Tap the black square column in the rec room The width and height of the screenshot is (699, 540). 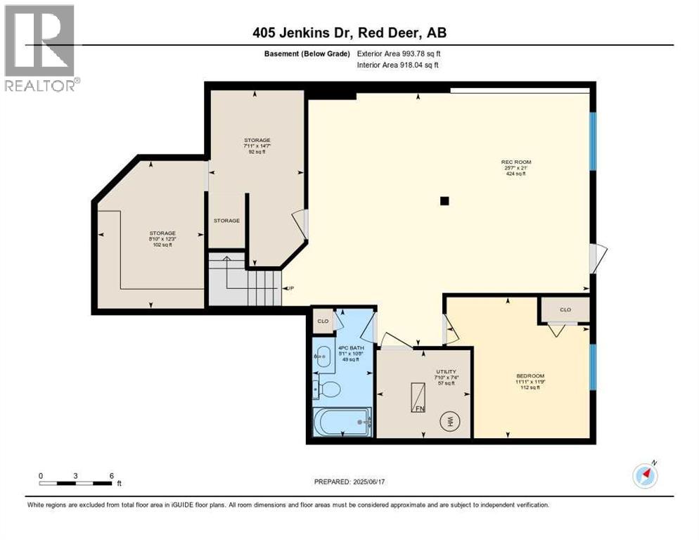coord(444,201)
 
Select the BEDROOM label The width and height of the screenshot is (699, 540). coord(530,375)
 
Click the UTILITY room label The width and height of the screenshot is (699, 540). coord(446,371)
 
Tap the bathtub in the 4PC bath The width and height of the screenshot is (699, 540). coord(342,423)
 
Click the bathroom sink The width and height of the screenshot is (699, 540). coord(321,356)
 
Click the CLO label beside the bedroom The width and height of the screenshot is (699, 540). coord(565,310)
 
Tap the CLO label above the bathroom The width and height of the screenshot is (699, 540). coord(323,321)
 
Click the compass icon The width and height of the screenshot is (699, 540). coord(645,475)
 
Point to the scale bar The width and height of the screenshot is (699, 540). coord(76,483)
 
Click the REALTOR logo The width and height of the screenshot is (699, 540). coord(41,48)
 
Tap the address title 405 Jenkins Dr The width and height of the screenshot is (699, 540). coord(349,32)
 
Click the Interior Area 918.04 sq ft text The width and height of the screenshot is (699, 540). coord(398,65)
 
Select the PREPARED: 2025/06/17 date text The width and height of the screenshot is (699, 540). coord(349,482)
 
